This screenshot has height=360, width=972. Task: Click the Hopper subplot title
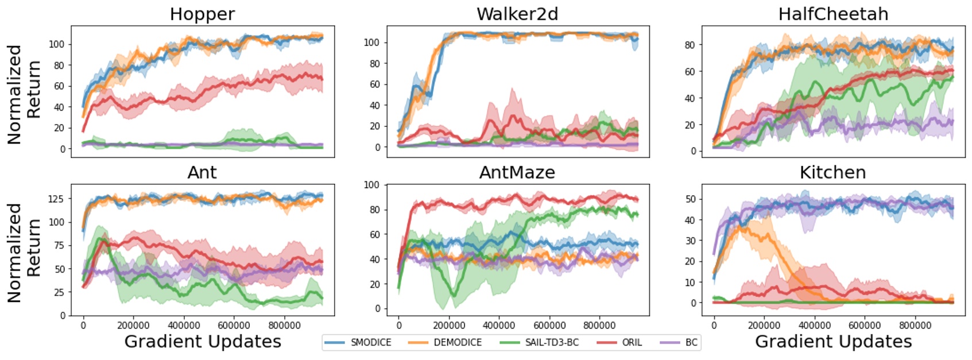click(202, 14)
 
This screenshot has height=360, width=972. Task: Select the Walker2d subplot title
click(517, 14)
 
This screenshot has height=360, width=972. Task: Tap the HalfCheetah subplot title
click(833, 14)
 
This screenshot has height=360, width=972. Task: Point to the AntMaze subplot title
click(517, 172)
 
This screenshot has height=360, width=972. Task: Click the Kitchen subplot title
click(832, 172)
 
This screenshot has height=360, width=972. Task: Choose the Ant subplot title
click(202, 172)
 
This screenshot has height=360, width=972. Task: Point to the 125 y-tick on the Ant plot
click(56, 199)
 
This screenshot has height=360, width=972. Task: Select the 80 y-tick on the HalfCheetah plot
click(690, 45)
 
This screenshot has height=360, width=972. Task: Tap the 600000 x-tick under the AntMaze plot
click(549, 326)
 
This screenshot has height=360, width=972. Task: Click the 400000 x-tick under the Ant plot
click(184, 326)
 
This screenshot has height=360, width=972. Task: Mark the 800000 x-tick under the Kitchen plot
click(915, 326)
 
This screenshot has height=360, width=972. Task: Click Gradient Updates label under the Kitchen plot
click(833, 342)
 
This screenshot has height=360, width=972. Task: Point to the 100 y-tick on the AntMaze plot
click(371, 185)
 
